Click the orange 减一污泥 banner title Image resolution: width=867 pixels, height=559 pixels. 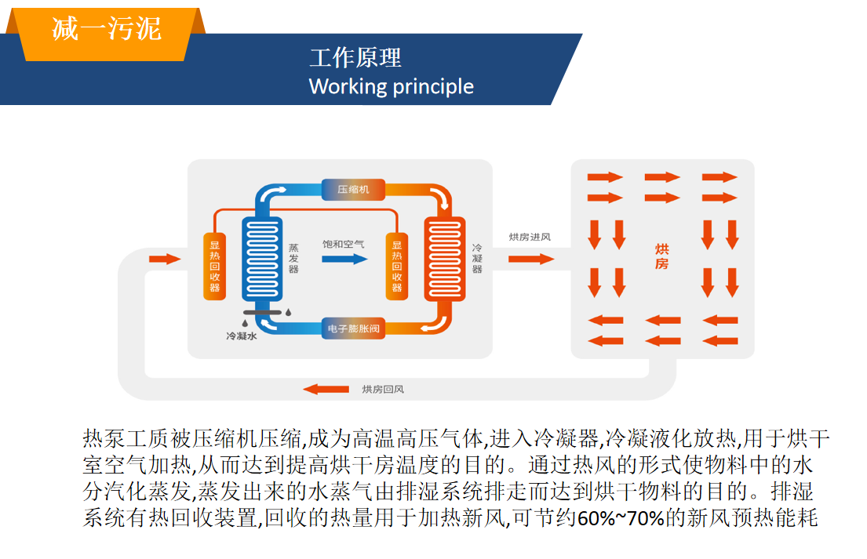point(107,28)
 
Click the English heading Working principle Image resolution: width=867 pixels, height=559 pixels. point(391,87)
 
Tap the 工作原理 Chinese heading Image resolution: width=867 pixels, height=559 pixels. point(355,57)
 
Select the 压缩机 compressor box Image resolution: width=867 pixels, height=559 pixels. point(353,190)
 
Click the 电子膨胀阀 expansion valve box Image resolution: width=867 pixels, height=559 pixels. point(353,329)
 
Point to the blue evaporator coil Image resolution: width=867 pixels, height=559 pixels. point(262,259)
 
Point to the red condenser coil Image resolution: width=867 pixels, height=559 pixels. point(445,259)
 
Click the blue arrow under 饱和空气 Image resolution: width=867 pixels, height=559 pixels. point(344,259)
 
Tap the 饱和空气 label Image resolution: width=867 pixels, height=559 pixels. point(344,244)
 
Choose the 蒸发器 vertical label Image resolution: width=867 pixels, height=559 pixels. point(293,259)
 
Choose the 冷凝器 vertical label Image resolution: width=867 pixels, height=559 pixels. point(476,259)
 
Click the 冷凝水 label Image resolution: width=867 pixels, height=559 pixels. point(242,336)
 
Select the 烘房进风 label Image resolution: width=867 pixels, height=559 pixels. point(530,237)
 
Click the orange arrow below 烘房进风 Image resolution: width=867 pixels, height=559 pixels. point(531,259)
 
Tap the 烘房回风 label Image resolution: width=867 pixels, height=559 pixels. point(383,390)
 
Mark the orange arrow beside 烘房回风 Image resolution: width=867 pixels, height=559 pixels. point(326,390)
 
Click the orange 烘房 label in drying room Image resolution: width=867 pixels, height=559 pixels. point(662,256)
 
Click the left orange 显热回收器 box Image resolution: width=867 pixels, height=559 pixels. point(214,267)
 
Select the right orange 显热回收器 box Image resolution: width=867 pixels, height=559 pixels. point(396,267)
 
